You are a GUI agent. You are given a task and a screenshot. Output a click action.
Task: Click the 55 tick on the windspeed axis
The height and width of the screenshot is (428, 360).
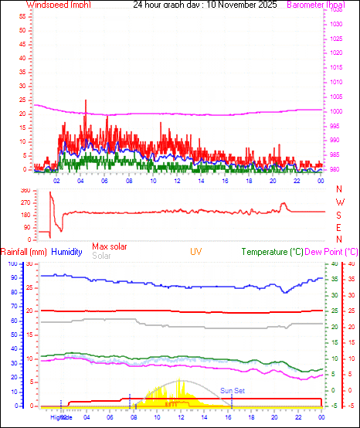tap(23, 15)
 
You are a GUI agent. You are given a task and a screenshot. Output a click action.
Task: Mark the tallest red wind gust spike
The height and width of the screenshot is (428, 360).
tap(86, 101)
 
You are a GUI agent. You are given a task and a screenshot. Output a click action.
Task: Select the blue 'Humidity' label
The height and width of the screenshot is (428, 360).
tap(66, 252)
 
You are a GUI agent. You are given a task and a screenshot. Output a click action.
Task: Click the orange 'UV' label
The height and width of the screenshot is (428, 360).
tap(196, 252)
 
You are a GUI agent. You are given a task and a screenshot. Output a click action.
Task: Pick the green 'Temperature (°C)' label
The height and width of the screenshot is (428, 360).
tap(272, 252)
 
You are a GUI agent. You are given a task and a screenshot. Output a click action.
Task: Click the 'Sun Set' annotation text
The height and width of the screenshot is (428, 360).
tap(232, 391)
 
